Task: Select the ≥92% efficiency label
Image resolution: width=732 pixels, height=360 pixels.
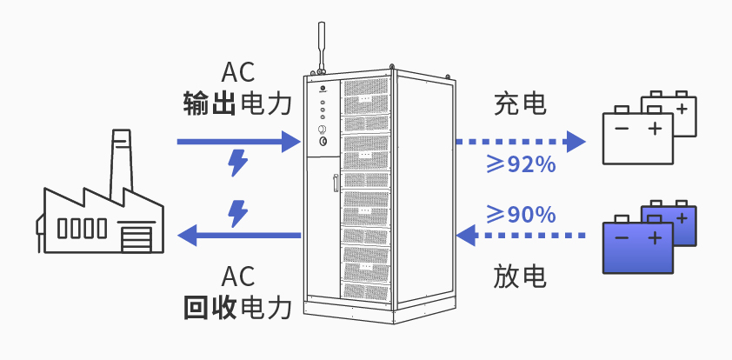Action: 520,164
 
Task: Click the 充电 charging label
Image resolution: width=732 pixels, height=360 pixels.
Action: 520,105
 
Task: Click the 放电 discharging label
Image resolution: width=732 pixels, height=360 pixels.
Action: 520,277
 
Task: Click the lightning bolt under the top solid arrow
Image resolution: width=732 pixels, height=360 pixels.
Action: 236,163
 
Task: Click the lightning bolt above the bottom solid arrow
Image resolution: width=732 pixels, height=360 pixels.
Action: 236,211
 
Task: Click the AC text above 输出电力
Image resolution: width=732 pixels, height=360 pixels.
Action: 237,72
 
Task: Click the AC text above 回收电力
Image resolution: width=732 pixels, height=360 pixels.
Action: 237,277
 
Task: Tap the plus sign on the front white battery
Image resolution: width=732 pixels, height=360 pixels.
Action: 655,130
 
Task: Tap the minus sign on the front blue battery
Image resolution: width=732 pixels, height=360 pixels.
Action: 621,237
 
